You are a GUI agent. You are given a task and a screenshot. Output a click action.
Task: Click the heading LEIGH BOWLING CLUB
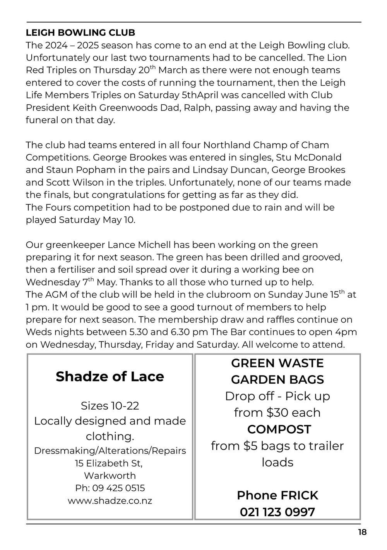pos(80,32)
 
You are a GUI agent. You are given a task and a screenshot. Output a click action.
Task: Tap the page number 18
pos(362,532)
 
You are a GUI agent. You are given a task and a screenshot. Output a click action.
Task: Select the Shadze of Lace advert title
pos(110,376)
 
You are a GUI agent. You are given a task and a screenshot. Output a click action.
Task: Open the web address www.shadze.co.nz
pos(110,500)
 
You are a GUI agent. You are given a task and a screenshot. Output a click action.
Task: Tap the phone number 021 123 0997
pos(277,512)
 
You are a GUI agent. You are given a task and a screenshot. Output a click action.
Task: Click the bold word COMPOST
pos(279,429)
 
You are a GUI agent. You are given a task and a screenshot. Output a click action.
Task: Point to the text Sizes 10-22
pos(110,405)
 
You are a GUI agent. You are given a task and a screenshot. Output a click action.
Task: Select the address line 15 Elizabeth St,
pos(110,463)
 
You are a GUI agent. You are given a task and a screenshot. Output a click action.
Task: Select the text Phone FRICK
pos(277,495)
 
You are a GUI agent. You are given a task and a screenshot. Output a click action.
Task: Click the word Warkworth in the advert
pos(110,476)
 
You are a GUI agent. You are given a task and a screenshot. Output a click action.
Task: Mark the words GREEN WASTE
pos(277,363)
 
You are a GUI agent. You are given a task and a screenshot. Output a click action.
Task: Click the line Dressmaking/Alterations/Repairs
pos(110,451)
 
